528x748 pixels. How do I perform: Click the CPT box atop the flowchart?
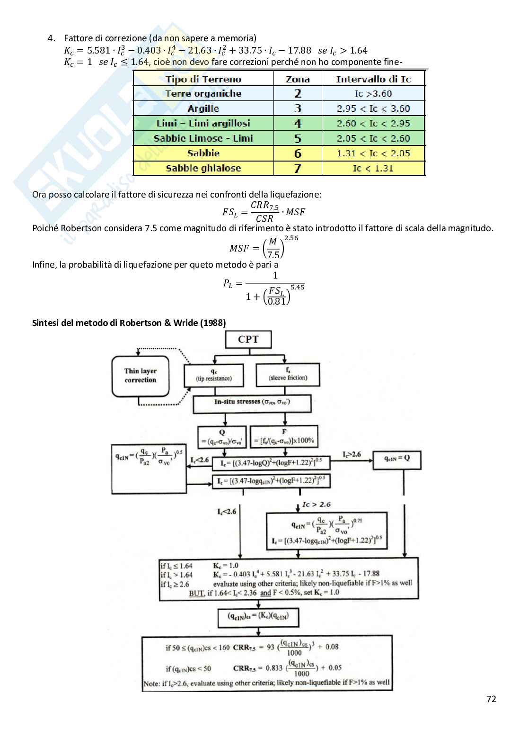[248, 339]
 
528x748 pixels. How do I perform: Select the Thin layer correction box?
[141, 376]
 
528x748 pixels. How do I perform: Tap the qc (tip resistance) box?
[214, 375]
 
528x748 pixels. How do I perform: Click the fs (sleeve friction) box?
[288, 374]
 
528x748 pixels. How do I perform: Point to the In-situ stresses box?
[252, 403]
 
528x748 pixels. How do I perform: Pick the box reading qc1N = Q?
[396, 459]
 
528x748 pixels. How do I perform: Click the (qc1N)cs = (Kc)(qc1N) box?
[258, 616]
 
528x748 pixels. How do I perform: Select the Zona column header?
[298, 79]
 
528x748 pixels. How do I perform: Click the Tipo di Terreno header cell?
[203, 79]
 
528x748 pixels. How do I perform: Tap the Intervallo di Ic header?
[373, 79]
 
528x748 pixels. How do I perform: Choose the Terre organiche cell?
[203, 94]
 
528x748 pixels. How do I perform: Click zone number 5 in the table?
[298, 138]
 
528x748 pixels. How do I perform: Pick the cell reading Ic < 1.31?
[373, 168]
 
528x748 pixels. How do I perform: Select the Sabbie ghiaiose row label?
[203, 168]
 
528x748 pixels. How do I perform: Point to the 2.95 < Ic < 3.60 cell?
[373, 108]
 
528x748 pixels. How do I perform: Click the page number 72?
[491, 699]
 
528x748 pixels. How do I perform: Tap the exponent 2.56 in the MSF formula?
[291, 238]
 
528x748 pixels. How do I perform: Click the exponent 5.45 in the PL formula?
[297, 287]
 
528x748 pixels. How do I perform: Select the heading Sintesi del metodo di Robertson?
[129, 323]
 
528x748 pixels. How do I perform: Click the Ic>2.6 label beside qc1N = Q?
[352, 454]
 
